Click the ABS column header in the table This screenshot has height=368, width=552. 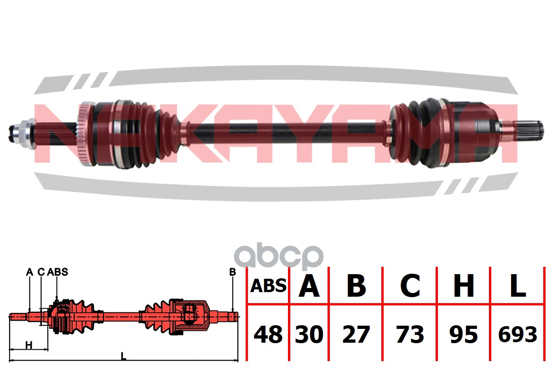268,286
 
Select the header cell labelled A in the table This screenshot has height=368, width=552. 309,286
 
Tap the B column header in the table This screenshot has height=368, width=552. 356,286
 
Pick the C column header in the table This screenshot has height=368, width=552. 410,286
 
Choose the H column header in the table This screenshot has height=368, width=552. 464,286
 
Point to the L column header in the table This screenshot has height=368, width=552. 517,286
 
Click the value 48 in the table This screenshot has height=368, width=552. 268,334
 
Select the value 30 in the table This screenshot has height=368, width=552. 309,334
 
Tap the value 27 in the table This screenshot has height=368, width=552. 356,334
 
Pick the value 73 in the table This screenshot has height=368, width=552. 410,334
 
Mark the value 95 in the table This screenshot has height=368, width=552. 464,334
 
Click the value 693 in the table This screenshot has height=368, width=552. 517,334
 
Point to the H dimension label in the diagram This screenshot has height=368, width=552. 29,345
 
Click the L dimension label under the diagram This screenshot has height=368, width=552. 123,355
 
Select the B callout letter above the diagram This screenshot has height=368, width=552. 232,272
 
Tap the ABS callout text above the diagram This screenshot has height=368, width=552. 57,272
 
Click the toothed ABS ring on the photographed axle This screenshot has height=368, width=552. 84,133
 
